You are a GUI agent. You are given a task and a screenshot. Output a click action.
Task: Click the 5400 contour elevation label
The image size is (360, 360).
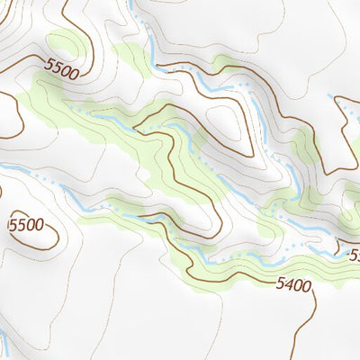293,286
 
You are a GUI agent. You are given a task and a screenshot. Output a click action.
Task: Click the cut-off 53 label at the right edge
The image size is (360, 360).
355,256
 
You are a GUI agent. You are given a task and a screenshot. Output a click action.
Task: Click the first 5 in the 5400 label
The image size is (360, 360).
280,285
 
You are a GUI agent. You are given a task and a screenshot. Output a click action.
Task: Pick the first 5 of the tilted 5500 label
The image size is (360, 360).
46,62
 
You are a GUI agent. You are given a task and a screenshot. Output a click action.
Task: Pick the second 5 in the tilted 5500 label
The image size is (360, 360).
53,65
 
